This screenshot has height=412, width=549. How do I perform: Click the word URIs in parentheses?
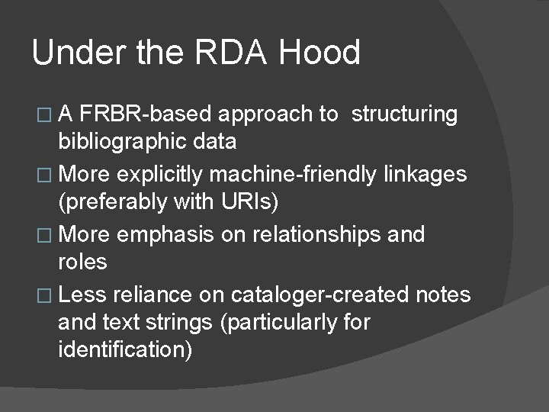pyautogui.click(x=254, y=203)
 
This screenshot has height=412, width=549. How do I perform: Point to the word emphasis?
pyautogui.click(x=175, y=235)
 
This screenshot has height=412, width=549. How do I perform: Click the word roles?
pyautogui.click(x=82, y=262)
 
